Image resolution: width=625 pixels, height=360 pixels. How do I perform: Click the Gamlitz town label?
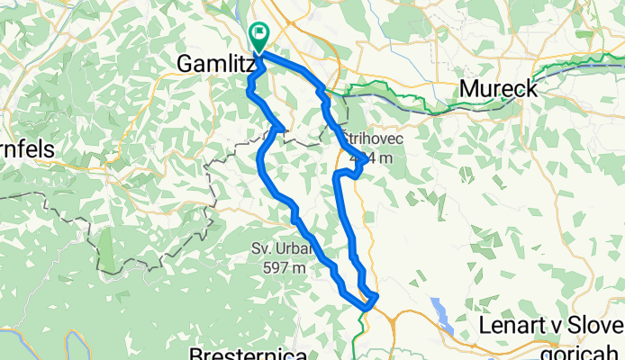[x=214, y=65]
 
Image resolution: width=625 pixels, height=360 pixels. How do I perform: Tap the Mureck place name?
[x=500, y=89]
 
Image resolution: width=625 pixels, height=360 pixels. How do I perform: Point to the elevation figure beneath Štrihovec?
[x=372, y=158]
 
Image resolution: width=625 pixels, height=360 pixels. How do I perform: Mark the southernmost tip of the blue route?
[x=366, y=307]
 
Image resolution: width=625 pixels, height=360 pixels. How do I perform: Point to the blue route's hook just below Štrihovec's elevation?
[x=358, y=172]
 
